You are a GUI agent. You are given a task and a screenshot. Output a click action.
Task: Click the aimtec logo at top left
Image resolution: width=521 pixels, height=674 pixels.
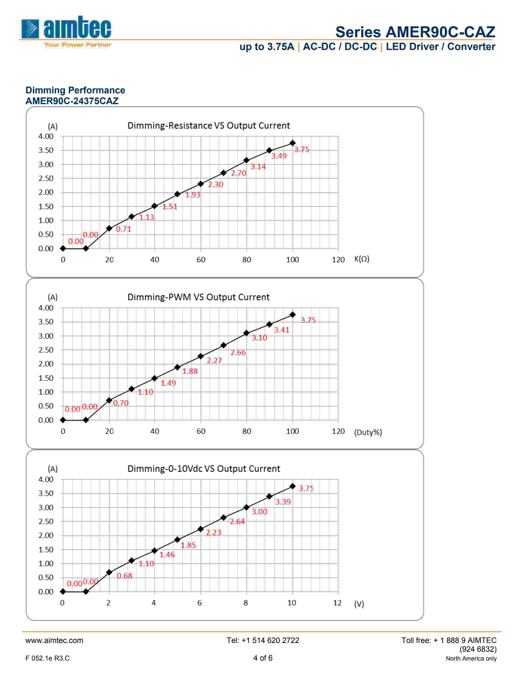[66, 31]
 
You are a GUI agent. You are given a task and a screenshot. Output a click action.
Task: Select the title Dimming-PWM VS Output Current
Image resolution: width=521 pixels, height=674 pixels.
[198, 297]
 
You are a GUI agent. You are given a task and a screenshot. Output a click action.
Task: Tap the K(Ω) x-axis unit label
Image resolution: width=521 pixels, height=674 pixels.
[361, 259]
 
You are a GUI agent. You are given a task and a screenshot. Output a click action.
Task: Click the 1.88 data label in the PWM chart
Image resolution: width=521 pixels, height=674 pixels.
[190, 371]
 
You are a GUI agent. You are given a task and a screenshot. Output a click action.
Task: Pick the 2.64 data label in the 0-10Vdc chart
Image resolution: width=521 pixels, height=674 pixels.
[237, 522]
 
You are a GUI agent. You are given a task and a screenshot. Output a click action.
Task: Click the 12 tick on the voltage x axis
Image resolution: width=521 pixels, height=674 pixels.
[337, 603]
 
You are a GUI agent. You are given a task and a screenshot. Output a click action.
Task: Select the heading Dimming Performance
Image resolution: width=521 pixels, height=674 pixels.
[75, 90]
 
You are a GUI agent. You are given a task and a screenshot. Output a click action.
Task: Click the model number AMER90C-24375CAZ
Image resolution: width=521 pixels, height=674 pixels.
[72, 101]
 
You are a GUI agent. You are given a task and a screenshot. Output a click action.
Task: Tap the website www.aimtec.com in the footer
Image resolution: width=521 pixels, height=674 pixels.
[54, 640]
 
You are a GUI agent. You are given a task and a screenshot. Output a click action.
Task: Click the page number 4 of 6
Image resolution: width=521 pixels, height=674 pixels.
[263, 658]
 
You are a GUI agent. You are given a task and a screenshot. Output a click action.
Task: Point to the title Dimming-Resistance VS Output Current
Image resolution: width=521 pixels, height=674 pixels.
[208, 126]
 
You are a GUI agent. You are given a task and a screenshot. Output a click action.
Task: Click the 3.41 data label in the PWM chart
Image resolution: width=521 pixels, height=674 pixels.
[282, 330]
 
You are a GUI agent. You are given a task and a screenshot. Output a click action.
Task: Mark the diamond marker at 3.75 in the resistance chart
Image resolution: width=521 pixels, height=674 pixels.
[292, 143]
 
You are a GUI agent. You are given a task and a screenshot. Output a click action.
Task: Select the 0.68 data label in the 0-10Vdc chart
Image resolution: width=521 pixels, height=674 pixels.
[124, 576]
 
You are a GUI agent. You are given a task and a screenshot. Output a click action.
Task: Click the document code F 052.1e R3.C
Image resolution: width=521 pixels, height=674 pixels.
[48, 658]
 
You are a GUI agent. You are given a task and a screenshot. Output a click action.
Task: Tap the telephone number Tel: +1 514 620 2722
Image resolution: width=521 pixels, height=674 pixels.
[263, 640]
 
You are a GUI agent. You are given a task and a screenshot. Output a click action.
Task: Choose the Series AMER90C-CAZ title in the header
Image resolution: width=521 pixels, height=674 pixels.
[415, 32]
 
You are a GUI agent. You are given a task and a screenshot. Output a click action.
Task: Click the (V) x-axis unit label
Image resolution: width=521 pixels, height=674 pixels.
[359, 604]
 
